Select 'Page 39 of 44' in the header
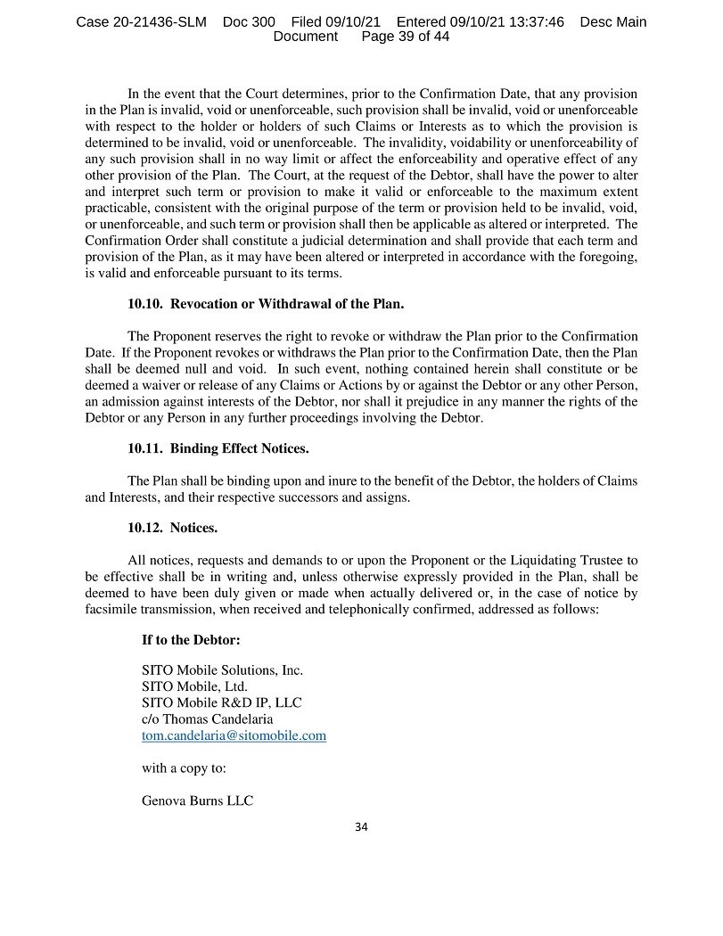pos(405,37)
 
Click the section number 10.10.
pos(145,304)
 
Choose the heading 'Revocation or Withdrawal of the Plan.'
pos(287,304)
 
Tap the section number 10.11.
pos(145,447)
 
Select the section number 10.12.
pos(145,528)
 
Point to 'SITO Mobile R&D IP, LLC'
pos(222,702)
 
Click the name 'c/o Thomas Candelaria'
pos(208,718)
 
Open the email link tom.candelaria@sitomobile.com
pos(234,735)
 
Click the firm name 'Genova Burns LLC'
pos(197,801)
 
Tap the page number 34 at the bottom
pos(361,826)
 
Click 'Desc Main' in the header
pos(613,22)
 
